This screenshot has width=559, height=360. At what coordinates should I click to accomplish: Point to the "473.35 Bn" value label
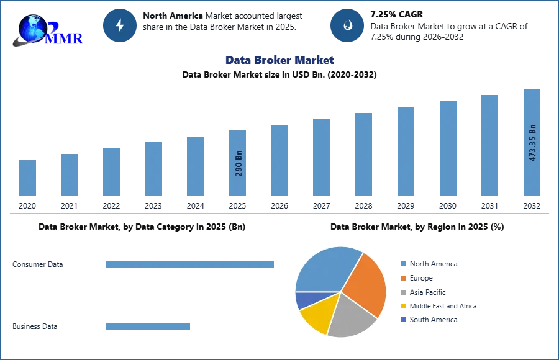click(x=532, y=143)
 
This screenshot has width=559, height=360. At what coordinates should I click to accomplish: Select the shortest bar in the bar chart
click(x=27, y=179)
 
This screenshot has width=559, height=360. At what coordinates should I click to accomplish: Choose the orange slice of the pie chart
click(x=366, y=286)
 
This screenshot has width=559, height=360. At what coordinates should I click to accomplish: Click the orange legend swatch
click(x=402, y=278)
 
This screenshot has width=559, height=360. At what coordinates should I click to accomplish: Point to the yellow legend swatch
click(x=402, y=307)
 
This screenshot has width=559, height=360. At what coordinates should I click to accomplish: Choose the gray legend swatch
click(x=402, y=292)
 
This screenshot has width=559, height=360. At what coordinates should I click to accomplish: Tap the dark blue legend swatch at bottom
click(x=402, y=320)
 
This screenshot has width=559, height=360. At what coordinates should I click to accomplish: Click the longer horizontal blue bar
click(x=191, y=264)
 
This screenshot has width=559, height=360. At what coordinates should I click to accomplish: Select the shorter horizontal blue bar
click(x=149, y=327)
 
